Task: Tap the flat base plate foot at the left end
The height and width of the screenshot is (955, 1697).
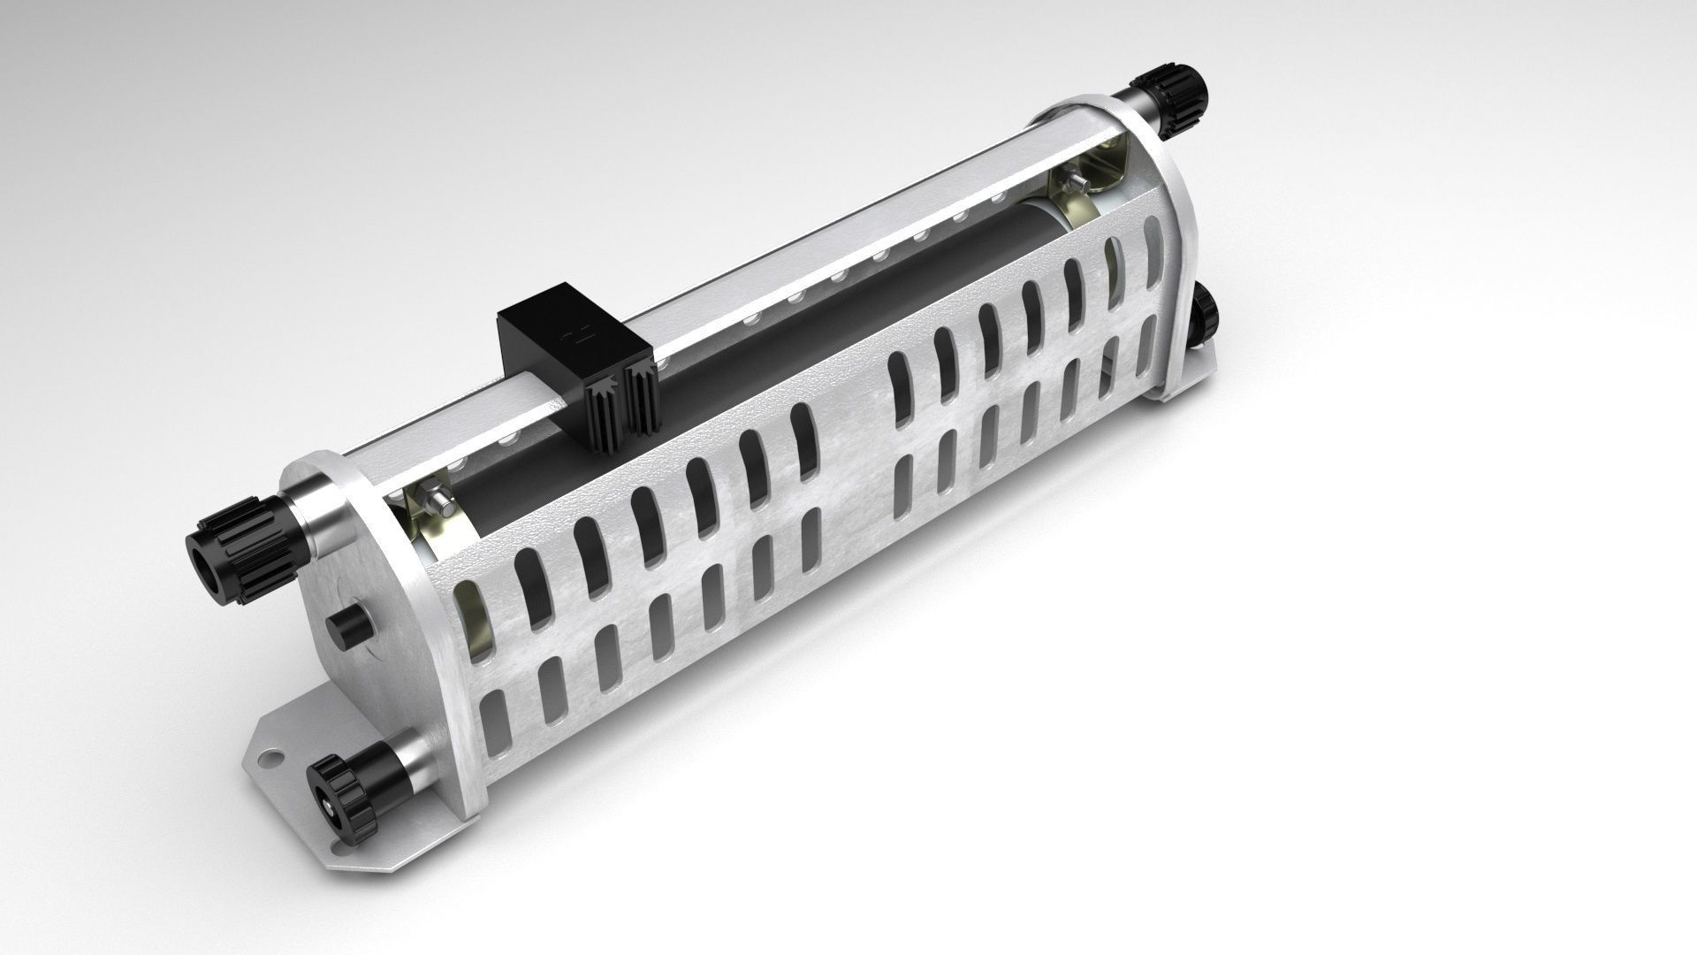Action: pyautogui.click(x=292, y=752)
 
